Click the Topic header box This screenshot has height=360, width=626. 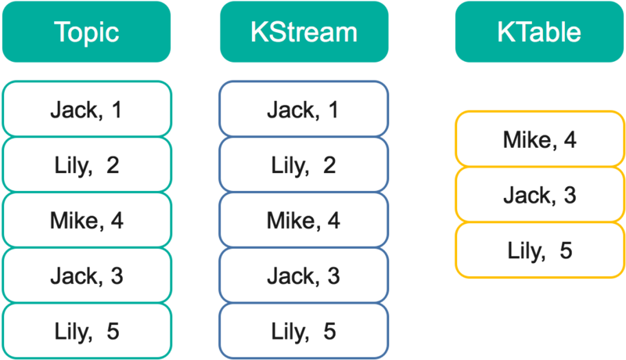[x=86, y=32]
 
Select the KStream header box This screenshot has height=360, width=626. [x=304, y=32]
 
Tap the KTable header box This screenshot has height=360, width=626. [x=539, y=32]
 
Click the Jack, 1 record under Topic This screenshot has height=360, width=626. [x=86, y=109]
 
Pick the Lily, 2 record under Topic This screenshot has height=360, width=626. [x=86, y=164]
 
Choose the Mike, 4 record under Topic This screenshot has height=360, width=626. [x=86, y=220]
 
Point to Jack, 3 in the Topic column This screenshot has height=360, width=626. [x=86, y=275]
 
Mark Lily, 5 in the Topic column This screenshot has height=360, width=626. [x=86, y=330]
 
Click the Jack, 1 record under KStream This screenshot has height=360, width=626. [x=304, y=109]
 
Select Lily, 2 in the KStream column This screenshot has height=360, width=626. [x=304, y=164]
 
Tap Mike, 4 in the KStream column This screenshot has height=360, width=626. [x=304, y=220]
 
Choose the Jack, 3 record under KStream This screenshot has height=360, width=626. [x=304, y=275]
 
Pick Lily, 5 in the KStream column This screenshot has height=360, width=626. [x=304, y=330]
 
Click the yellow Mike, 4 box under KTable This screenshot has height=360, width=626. [x=539, y=139]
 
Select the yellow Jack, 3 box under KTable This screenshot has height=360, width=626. [x=539, y=195]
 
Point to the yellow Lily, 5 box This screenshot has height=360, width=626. [x=539, y=250]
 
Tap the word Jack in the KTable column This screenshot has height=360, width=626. [x=527, y=195]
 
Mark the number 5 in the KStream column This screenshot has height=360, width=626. [x=331, y=330]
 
